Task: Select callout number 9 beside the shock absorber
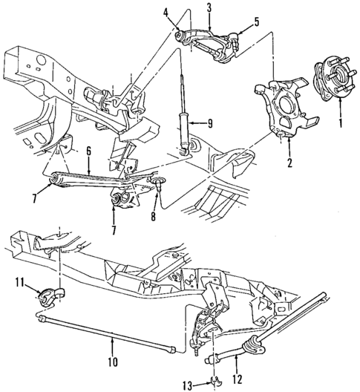pos(212,124)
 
